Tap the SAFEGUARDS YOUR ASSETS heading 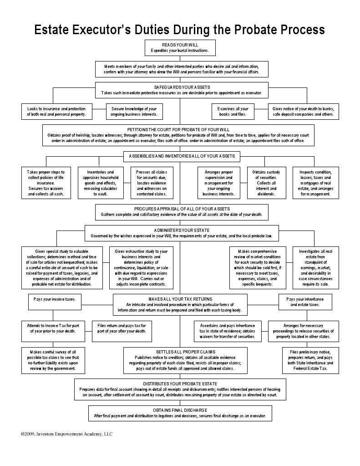click(180, 87)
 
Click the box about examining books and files click(236, 112)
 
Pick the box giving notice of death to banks click(303, 112)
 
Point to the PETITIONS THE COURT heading click(180, 129)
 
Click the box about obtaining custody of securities click(266, 182)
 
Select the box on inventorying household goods click(101, 182)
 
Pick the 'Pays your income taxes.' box click(55, 299)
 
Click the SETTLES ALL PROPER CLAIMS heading click(180, 352)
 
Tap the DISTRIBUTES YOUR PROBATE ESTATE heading click(180, 384)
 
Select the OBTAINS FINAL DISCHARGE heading click(180, 410)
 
